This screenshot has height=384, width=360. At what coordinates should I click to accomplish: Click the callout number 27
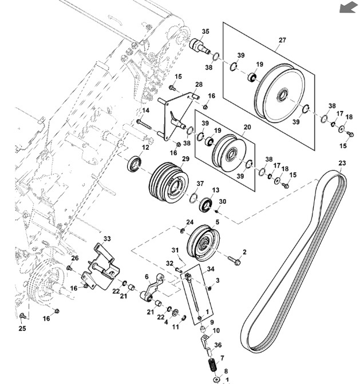[282, 40]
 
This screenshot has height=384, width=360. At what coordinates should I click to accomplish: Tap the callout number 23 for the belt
[342, 164]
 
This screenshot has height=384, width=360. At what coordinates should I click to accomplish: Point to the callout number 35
[205, 31]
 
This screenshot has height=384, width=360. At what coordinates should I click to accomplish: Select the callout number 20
[247, 128]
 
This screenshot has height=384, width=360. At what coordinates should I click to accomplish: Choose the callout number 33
[107, 238]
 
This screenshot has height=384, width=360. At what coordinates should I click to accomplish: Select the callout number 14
[145, 110]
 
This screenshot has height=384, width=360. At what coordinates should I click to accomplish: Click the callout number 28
[199, 84]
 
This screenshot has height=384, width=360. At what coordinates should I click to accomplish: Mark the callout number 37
[200, 184]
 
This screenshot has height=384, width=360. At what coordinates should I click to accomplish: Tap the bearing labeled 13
[204, 204]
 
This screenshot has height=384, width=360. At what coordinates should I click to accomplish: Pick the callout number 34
[211, 269]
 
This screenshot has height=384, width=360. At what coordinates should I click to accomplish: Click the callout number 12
[145, 147]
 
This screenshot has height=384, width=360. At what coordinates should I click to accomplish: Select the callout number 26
[74, 258]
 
